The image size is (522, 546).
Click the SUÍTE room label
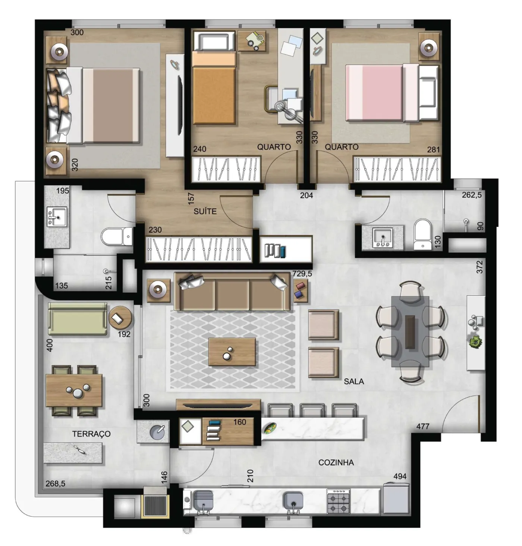pyautogui.click(x=205, y=211)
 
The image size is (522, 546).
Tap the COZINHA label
pyautogui.click(x=336, y=462)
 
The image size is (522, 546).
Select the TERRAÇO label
pyautogui.click(x=91, y=434)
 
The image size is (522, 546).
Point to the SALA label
pyautogui.click(x=354, y=381)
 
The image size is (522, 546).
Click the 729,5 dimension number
pyautogui.click(x=302, y=274)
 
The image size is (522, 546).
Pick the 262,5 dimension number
pyautogui.click(x=472, y=195)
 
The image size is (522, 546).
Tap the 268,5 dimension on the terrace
pyautogui.click(x=56, y=483)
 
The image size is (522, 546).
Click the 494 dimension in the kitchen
pyautogui.click(x=400, y=476)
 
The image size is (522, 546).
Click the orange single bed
pyautogui.click(x=214, y=88)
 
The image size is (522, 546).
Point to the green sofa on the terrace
pyautogui.click(x=78, y=319)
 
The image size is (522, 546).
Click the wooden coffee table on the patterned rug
pyautogui.click(x=232, y=352)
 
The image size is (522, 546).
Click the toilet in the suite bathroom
pyautogui.click(x=117, y=236)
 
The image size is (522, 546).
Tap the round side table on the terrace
pyautogui.click(x=120, y=317)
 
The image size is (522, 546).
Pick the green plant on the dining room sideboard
pyautogui.click(x=476, y=342)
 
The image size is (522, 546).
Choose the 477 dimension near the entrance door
pyautogui.click(x=423, y=426)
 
